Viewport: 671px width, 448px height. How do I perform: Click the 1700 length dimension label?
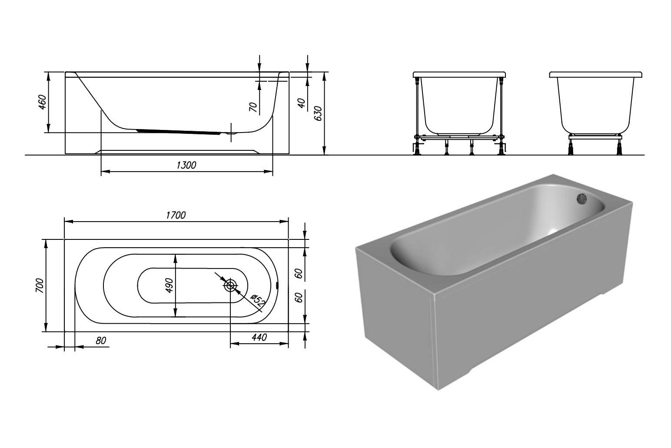[176, 215]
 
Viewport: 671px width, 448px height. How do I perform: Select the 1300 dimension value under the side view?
[186, 165]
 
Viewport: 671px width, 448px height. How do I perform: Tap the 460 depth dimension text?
[43, 102]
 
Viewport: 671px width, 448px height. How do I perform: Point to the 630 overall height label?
[318, 113]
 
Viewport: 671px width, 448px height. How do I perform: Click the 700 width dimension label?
[40, 285]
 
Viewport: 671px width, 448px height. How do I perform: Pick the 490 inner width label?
[169, 285]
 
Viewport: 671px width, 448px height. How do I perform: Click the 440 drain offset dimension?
[259, 338]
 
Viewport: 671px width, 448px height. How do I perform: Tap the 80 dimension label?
[101, 341]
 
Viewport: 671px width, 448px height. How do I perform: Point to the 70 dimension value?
[253, 107]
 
